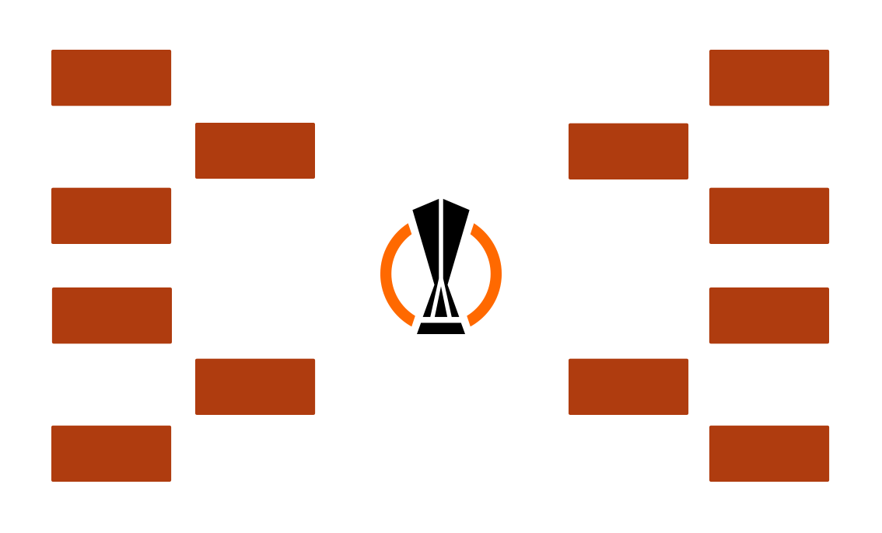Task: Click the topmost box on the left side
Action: [110, 78]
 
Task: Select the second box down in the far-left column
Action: [110, 215]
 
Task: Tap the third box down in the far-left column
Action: [111, 315]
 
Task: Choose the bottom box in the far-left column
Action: [110, 453]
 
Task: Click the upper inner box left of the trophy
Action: [255, 150]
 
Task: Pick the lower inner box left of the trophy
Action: [255, 386]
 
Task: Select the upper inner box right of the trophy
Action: [628, 151]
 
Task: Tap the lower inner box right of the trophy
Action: [628, 386]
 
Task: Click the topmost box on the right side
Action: [769, 78]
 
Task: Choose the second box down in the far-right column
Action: [769, 215]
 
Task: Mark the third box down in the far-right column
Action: [768, 315]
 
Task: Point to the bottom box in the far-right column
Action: [769, 453]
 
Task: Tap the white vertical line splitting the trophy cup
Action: [441, 233]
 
